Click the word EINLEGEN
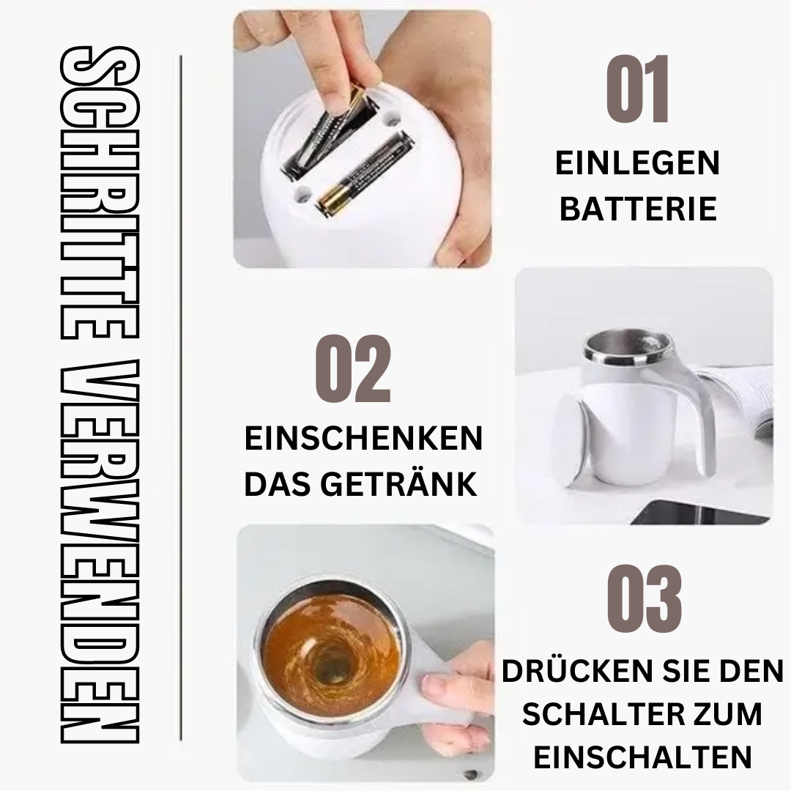click(637, 163)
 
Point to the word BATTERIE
click(637, 209)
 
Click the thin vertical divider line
click(180, 395)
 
